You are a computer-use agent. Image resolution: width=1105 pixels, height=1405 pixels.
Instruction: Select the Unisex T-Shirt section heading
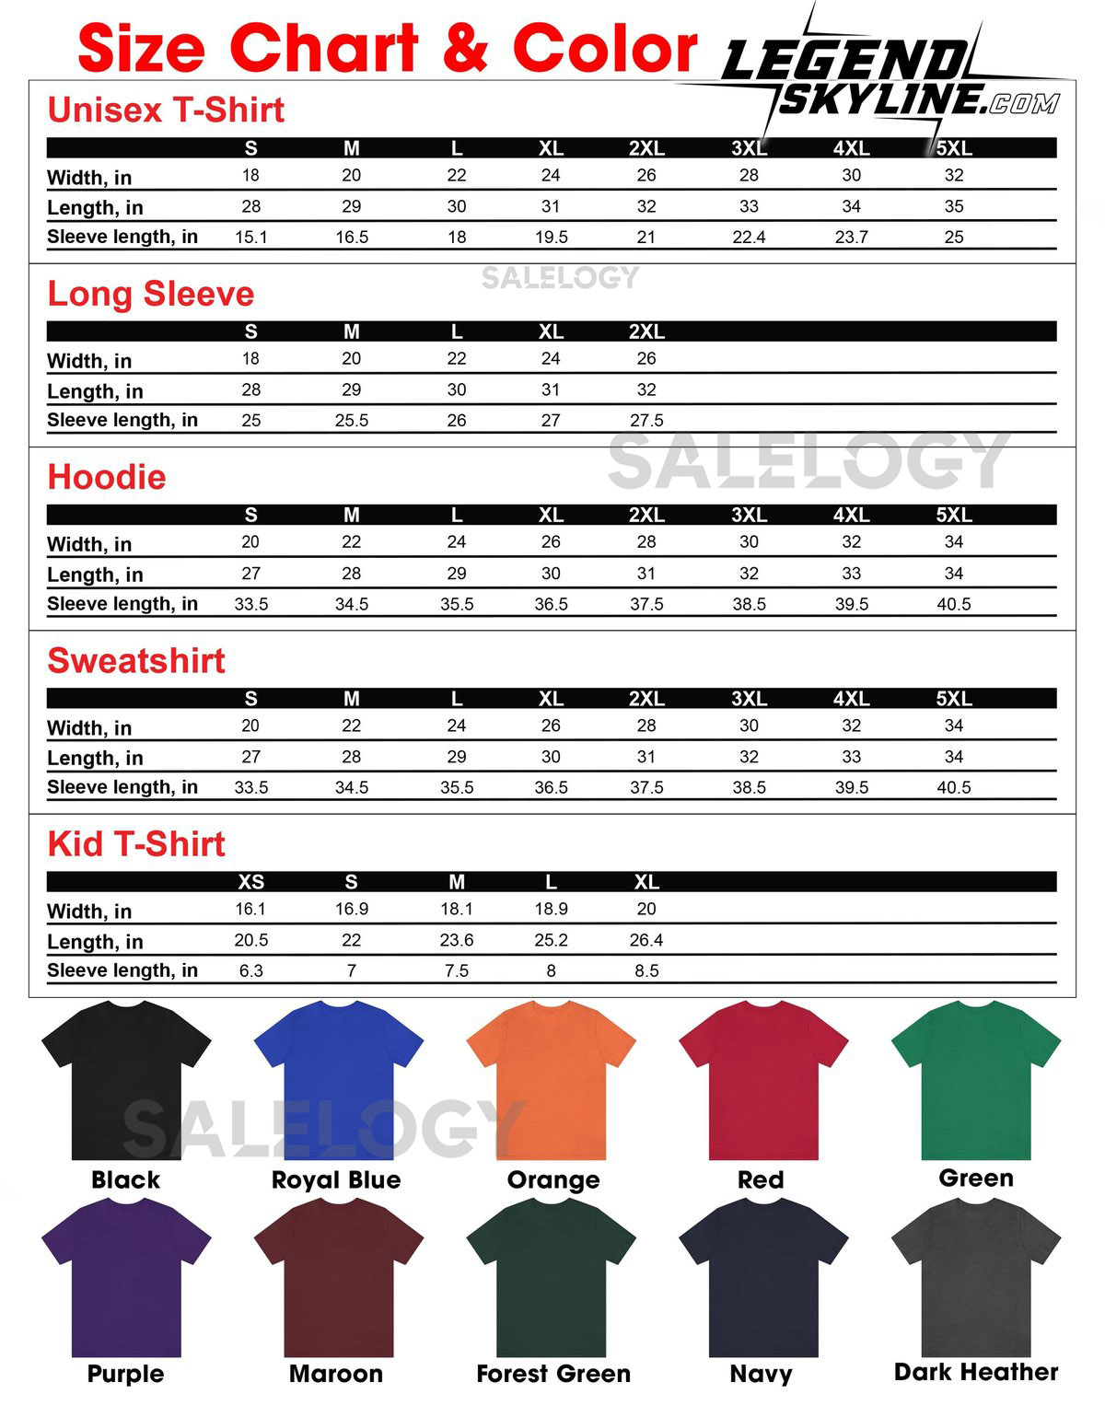point(166,110)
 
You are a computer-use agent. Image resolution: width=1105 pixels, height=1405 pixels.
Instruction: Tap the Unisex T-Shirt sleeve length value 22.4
point(749,238)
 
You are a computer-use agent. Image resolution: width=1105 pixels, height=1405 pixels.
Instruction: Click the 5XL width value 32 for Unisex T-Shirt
point(954,175)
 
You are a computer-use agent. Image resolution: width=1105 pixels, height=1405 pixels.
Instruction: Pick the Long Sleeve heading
point(151,294)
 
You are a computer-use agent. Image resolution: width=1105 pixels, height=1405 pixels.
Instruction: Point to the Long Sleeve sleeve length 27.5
point(646,421)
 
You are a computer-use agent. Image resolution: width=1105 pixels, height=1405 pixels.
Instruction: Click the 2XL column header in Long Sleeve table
point(646,331)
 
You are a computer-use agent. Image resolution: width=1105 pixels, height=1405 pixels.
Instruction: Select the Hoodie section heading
point(107,477)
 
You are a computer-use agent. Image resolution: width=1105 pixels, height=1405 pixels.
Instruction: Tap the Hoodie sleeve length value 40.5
point(954,604)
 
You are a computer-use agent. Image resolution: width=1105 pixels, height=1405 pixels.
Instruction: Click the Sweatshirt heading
point(136,660)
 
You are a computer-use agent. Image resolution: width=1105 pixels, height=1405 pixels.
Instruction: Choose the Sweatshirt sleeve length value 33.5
point(251,787)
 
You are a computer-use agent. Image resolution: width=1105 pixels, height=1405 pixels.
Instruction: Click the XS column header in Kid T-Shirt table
point(251,882)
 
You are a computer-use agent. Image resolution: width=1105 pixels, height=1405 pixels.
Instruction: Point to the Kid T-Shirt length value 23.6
point(457,940)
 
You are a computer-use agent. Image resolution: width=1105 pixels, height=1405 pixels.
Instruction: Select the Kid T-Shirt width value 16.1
point(251,909)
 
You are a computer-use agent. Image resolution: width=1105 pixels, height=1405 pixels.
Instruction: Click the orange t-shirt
point(552,1082)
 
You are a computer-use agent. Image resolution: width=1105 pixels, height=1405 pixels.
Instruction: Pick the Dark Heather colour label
point(976,1372)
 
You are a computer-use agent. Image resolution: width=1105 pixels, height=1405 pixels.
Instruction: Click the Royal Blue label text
point(336,1180)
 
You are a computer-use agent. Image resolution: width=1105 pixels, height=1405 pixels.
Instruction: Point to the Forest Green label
point(553,1374)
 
